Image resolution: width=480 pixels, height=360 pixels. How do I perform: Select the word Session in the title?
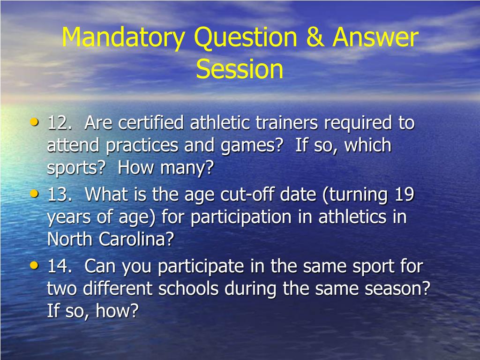[240, 69]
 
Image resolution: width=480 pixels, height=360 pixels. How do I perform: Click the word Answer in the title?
[375, 38]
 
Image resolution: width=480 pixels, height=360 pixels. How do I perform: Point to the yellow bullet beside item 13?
[34, 193]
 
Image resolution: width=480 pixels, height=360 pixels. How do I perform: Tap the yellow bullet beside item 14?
[34, 265]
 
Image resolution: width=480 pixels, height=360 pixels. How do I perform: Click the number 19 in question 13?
[404, 195]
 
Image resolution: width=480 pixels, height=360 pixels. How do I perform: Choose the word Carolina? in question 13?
[136, 240]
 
